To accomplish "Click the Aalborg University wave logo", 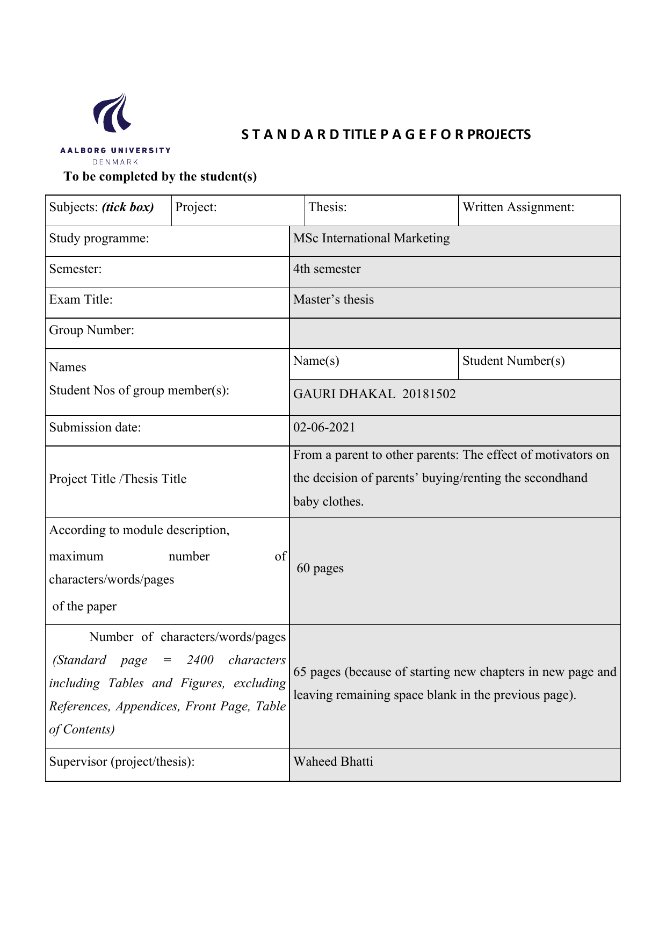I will coord(113,113).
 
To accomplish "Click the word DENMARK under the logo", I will coord(115,162).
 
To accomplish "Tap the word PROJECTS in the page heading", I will coord(499,135).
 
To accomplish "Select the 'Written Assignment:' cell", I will coord(518,207).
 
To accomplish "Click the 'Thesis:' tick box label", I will coord(328,207).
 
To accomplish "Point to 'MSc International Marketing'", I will coord(371,239).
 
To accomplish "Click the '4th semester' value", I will coord(327,269).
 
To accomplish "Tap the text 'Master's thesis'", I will coord(333,300).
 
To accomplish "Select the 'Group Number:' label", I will coord(91,330).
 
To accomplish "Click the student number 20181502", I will coord(429,394).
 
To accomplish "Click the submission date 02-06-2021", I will coord(324,428).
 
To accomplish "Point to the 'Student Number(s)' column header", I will coord(513,361).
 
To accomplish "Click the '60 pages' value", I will coord(320,568).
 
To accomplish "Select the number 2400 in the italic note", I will coord(200,660).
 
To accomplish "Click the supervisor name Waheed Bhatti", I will coord(333,762).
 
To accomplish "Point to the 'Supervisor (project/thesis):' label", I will coord(121,762).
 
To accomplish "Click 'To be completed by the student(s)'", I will coord(160,177).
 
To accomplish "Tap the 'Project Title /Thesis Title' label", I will coord(118,479).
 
